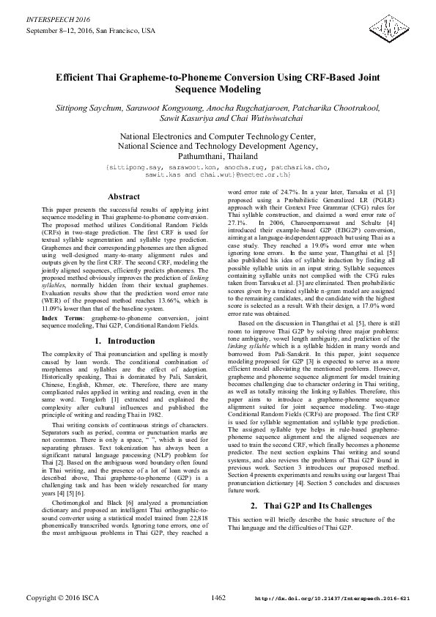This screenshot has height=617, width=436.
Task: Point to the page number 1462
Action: point(218,599)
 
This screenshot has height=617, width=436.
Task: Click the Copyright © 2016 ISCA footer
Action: point(58,599)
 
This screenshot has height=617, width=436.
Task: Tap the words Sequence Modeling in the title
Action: point(218,89)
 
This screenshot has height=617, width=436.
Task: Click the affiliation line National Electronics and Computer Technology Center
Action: point(218,136)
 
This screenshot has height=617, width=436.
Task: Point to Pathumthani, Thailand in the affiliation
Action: point(218,157)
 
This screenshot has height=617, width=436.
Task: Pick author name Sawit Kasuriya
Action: point(185,119)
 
